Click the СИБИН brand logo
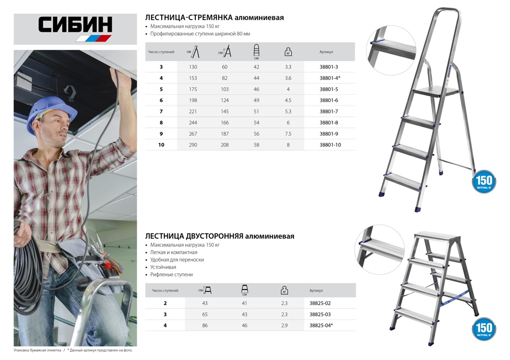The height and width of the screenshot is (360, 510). pyautogui.click(x=75, y=28)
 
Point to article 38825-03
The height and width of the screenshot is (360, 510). pyautogui.click(x=320, y=314)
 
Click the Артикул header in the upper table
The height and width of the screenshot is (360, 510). pyautogui.click(x=326, y=52)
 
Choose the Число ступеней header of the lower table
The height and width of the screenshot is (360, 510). pyautogui.click(x=165, y=290)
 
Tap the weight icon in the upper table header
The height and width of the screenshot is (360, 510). pyautogui.click(x=288, y=52)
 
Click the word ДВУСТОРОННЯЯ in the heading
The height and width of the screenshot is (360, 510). pyautogui.click(x=211, y=236)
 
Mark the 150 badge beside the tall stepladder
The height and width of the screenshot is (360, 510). pyautogui.click(x=483, y=182)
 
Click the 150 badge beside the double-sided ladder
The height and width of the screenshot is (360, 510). pyautogui.click(x=483, y=328)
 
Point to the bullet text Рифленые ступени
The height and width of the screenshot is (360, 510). pyautogui.click(x=171, y=274)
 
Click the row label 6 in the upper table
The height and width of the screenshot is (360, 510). pyautogui.click(x=161, y=100)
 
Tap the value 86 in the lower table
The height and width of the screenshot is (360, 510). pyautogui.click(x=205, y=325)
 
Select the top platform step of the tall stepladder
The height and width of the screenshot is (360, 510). pyautogui.click(x=438, y=92)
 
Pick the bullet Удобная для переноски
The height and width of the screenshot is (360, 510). pyautogui.click(x=177, y=260)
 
